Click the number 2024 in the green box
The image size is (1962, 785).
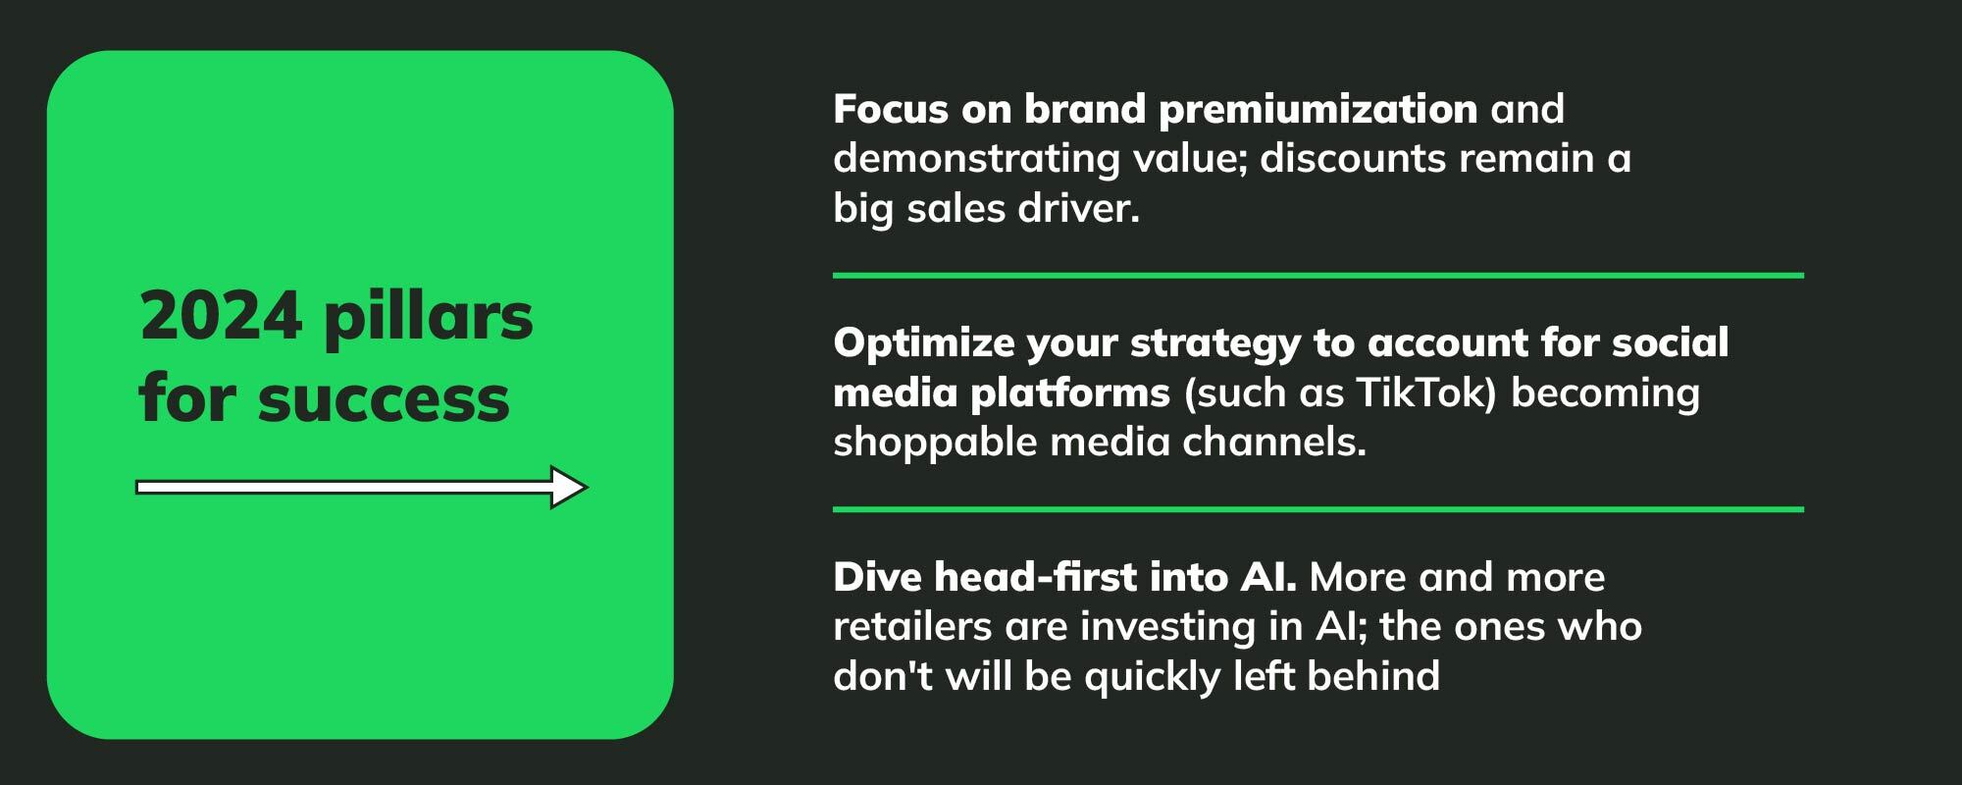point(221,316)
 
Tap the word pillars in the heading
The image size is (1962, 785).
point(429,318)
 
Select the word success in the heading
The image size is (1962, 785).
point(384,399)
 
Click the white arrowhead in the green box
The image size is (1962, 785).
point(568,487)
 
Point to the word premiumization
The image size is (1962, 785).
point(1318,110)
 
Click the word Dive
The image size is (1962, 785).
point(877,577)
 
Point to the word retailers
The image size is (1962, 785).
point(912,626)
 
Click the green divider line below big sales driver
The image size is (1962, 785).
point(1317,276)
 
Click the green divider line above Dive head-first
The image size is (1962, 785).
point(1317,509)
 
